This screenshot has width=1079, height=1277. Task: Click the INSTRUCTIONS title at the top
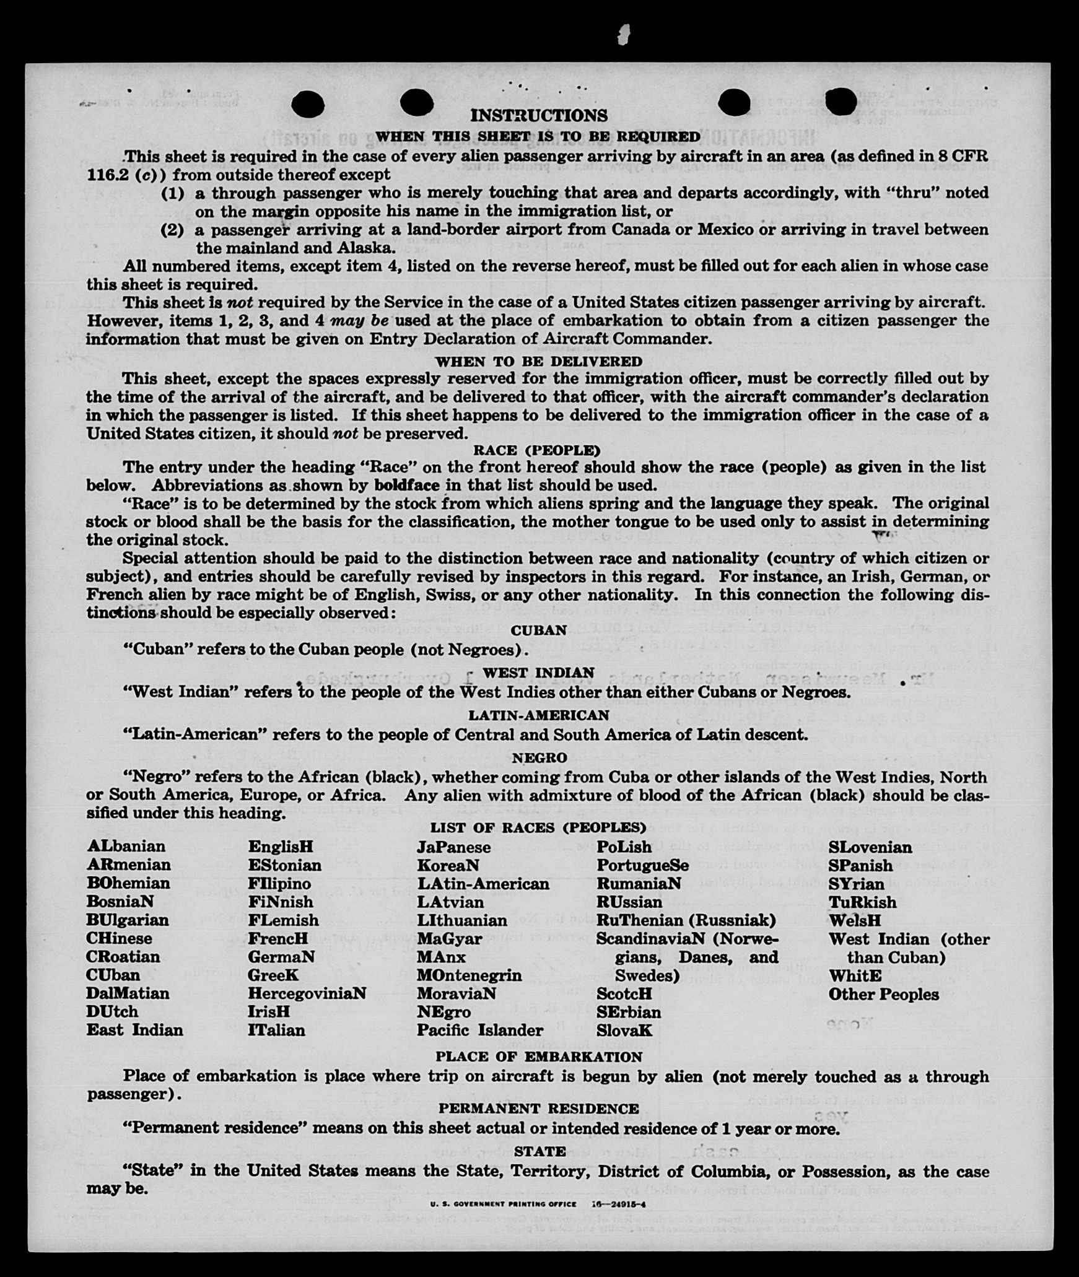pos(538,116)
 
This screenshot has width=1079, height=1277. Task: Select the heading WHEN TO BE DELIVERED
pos(538,362)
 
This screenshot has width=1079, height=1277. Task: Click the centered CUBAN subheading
pos(538,630)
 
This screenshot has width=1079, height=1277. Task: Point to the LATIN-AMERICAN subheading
pos(538,715)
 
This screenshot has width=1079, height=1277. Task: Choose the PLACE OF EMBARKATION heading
pos(538,1057)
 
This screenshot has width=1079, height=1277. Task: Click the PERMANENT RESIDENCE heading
pos(538,1109)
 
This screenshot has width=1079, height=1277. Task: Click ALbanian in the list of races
pos(126,847)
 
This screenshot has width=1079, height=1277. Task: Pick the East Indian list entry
pos(135,1030)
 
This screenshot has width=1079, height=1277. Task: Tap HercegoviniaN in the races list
pos(307,993)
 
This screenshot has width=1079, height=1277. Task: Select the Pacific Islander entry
pos(480,1031)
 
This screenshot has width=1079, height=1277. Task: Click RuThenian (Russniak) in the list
pos(686,920)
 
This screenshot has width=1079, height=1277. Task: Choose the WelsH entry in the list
pos(855,920)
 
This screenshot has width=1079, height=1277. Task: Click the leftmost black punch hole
pos(307,103)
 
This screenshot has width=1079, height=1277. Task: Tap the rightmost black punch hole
pos(841,101)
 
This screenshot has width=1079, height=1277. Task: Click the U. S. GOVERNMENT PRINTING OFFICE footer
pos(503,1205)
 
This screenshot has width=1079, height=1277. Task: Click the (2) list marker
pos(172,230)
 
